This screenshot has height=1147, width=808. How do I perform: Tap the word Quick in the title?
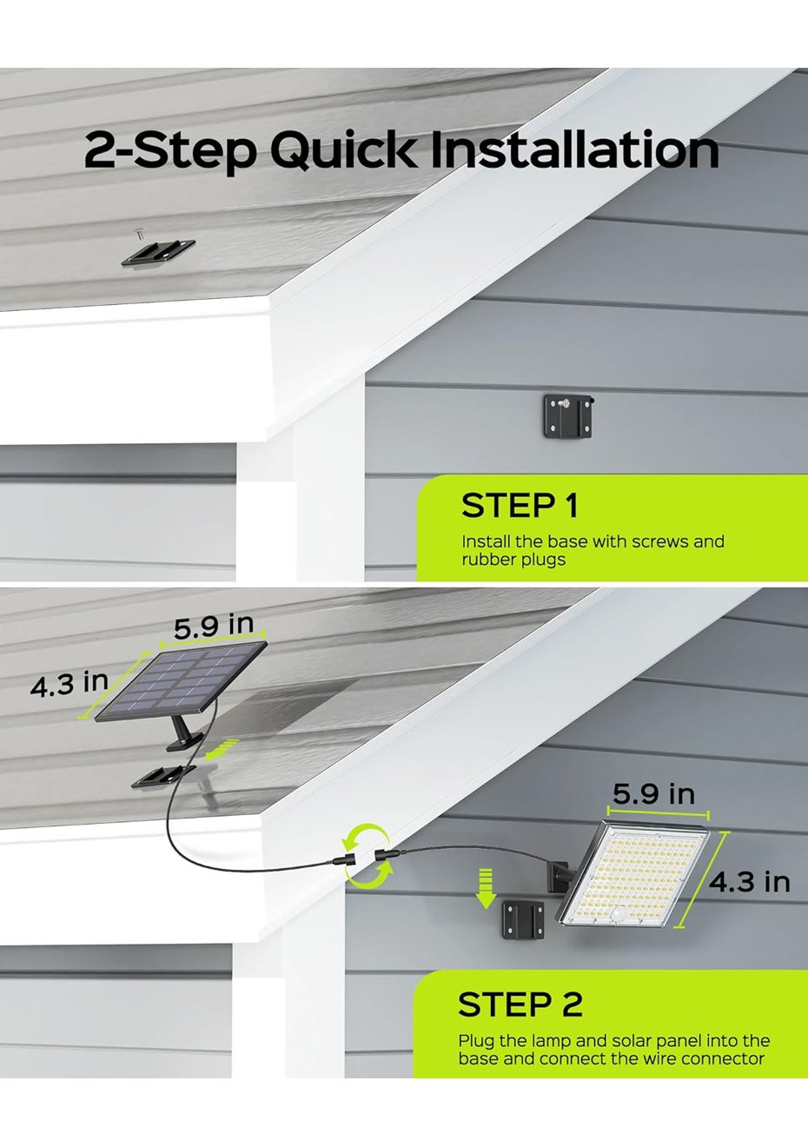click(343, 151)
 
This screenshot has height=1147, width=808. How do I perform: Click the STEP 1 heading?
click(520, 506)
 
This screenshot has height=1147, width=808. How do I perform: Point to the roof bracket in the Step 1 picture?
click(158, 253)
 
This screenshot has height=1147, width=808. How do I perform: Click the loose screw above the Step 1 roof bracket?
click(138, 235)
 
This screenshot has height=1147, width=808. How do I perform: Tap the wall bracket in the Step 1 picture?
click(568, 415)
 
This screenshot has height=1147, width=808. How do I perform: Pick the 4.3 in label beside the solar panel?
click(70, 684)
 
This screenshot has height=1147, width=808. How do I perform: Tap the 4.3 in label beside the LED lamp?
click(750, 882)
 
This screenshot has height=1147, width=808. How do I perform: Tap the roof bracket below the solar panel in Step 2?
click(162, 776)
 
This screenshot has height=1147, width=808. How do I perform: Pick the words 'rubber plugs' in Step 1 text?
click(513, 560)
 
